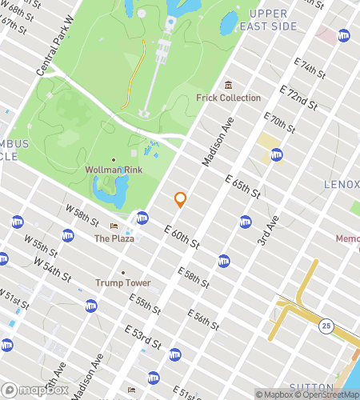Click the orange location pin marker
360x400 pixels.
180,199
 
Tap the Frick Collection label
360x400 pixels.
229,98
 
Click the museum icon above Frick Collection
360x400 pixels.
228,85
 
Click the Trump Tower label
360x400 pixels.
123,282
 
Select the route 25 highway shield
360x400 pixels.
326,325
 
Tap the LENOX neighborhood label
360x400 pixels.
341,185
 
